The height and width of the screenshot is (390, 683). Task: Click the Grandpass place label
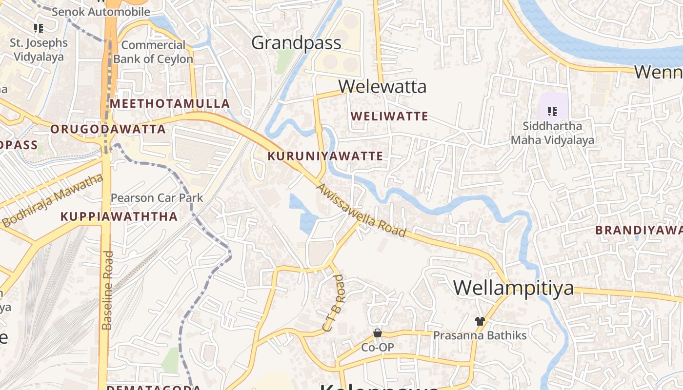click(296, 43)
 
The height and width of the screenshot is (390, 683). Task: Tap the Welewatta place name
click(382, 87)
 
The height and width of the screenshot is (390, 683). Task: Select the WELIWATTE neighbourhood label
click(389, 117)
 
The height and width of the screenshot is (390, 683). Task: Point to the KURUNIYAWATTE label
click(325, 156)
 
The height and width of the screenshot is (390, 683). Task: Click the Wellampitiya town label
click(514, 288)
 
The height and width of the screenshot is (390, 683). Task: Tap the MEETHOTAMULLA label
click(169, 104)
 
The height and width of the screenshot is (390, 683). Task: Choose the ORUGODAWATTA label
click(108, 130)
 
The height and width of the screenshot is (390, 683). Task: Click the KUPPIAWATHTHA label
click(119, 217)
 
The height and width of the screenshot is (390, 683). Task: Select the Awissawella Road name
click(362, 210)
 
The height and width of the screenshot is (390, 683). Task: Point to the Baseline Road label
click(107, 290)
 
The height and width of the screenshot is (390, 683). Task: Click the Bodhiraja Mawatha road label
click(53, 201)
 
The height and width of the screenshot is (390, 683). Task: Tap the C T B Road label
click(334, 303)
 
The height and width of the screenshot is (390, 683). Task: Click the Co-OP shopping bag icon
click(377, 333)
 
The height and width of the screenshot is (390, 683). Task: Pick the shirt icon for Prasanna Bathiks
click(480, 321)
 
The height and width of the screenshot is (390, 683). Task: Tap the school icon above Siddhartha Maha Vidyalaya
click(552, 112)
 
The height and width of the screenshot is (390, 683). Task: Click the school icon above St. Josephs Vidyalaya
click(39, 28)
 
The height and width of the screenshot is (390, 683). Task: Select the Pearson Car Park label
click(157, 198)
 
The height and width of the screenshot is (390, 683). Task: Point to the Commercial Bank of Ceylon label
click(153, 52)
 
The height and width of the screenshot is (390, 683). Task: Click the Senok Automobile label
click(101, 12)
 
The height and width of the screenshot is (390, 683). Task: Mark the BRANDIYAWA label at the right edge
click(638, 230)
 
